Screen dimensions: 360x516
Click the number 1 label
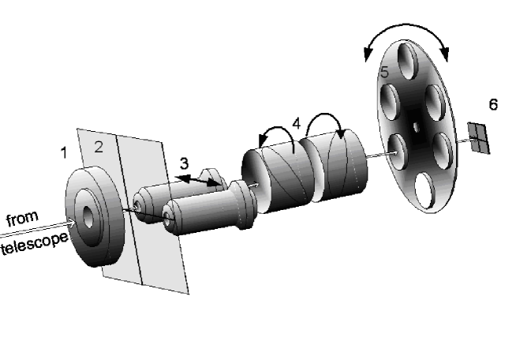[x=65, y=152]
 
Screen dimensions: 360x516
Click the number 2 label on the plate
[x=99, y=145]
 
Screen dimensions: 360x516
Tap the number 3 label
[x=184, y=163]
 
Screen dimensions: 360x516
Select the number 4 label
[x=296, y=124]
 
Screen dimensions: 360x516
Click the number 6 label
[x=492, y=104]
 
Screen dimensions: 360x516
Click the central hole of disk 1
[x=85, y=216]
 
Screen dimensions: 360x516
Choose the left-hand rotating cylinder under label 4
[x=276, y=178]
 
